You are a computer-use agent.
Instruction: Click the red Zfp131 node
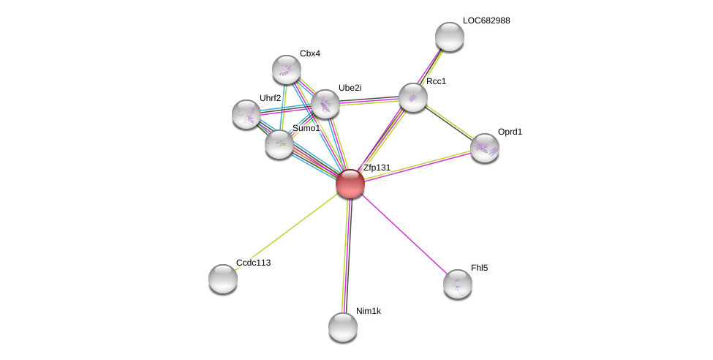pos(350,184)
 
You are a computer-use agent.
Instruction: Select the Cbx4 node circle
pos(287,70)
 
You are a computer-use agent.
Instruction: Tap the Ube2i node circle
pos(325,104)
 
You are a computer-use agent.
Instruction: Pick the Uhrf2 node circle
pos(246,114)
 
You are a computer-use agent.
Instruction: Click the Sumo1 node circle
pos(279,144)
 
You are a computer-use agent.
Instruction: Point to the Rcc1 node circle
pos(413,97)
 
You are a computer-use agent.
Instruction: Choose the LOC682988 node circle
pos(450,37)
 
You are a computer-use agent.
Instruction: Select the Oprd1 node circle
pos(485,148)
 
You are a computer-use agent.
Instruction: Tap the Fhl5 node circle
pos(458,284)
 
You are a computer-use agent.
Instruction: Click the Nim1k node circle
pos(343,327)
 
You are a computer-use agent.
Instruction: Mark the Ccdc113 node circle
pos(223,279)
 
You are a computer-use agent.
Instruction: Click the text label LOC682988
pos(486,20)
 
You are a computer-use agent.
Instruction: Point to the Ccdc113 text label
pos(253,263)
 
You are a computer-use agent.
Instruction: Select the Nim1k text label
pos(369,311)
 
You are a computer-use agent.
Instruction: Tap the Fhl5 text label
pos(479,268)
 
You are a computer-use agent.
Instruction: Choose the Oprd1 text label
pos(510,132)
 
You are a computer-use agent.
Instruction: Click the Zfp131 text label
pos(377,168)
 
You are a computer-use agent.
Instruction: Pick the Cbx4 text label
pos(310,53)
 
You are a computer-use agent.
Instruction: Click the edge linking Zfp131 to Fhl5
pos(404,234)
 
